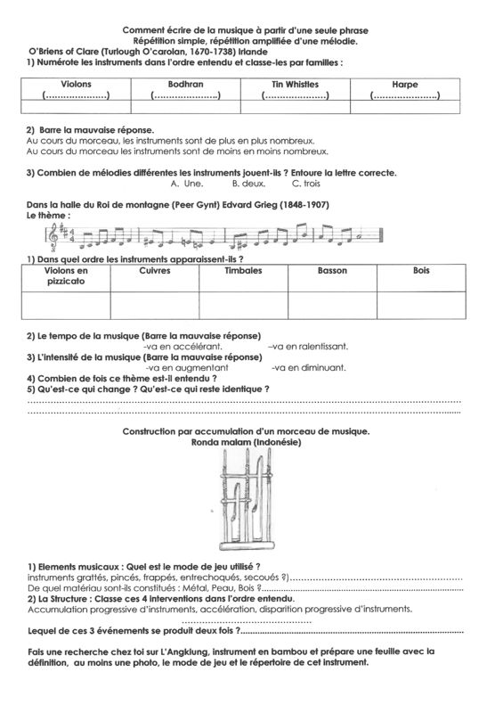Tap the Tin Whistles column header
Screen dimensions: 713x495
coord(295,83)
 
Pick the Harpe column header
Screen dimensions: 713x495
coord(405,83)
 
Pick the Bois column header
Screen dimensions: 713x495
coord(420,269)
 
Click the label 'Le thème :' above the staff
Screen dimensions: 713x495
coord(48,215)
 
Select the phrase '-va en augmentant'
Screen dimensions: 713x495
coord(185,367)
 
